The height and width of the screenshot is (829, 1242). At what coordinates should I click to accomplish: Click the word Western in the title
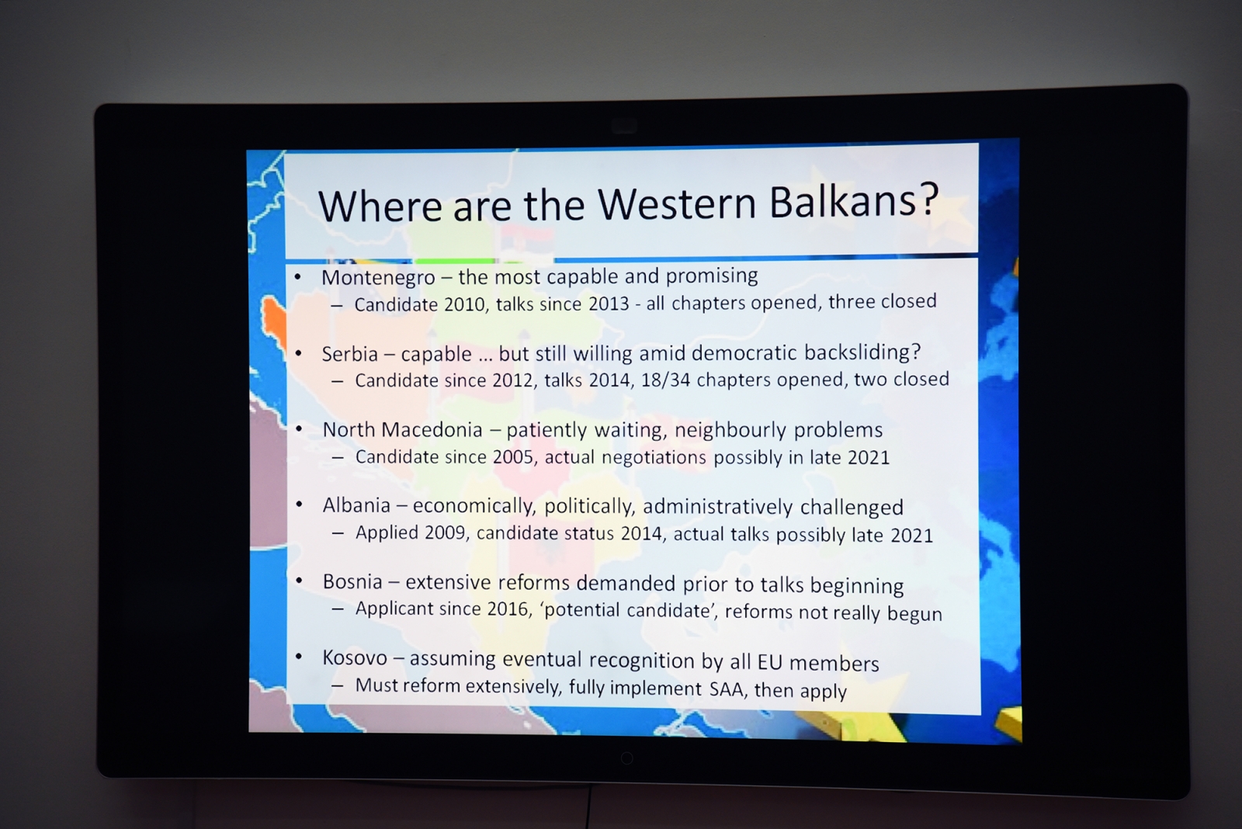(x=677, y=203)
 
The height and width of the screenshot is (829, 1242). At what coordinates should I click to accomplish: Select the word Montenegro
(x=378, y=278)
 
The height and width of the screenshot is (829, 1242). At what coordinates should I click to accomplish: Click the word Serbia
(x=350, y=354)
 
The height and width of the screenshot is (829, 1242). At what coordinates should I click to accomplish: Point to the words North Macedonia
(x=403, y=429)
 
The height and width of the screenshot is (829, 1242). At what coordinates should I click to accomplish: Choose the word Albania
(x=356, y=505)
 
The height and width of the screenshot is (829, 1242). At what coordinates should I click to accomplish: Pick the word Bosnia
(x=352, y=581)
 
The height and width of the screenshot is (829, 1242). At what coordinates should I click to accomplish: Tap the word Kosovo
(x=355, y=657)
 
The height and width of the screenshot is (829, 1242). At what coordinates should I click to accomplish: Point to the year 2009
(x=446, y=532)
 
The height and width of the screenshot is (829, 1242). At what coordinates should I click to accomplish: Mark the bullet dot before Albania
(x=300, y=505)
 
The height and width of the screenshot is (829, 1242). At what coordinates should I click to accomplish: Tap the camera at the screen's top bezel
(x=624, y=126)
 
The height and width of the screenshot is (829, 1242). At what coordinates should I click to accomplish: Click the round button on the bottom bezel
(x=627, y=758)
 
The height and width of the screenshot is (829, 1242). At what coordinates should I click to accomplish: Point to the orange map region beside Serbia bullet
(x=274, y=321)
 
